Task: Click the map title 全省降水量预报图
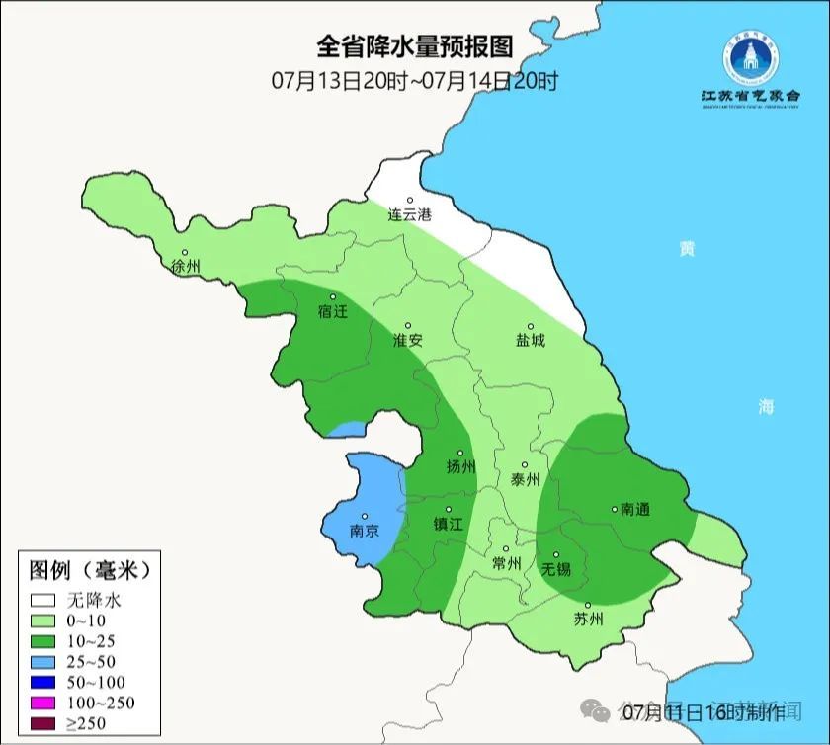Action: click(x=415, y=46)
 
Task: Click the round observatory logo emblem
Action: click(x=750, y=56)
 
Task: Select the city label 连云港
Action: click(x=409, y=214)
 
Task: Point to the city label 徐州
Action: click(x=185, y=267)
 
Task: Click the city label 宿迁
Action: click(x=333, y=311)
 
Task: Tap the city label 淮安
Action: click(x=408, y=340)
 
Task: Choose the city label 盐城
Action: click(x=530, y=340)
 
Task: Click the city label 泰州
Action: click(x=526, y=479)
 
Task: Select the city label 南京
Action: click(x=365, y=531)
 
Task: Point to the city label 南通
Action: click(x=635, y=510)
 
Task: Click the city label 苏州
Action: click(x=588, y=620)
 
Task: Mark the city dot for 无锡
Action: click(x=556, y=555)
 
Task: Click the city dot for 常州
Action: click(x=506, y=549)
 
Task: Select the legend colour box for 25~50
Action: click(x=42, y=661)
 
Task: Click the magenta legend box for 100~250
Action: click(x=42, y=703)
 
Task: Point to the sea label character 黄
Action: click(x=686, y=249)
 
